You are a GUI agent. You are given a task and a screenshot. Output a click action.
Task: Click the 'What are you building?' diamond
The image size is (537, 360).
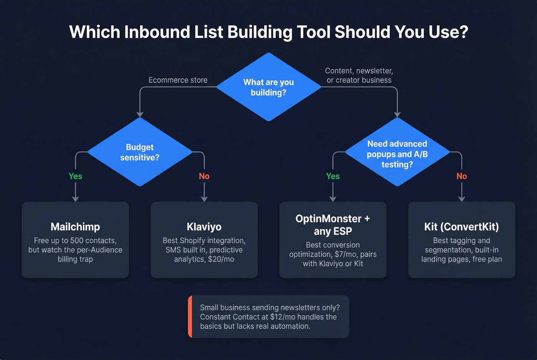pyautogui.click(x=268, y=87)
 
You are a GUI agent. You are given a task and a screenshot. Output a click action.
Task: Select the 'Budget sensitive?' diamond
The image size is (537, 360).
pyautogui.click(x=140, y=152)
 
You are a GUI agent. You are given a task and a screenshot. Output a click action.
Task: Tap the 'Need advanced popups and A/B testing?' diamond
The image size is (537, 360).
pyautogui.click(x=397, y=154)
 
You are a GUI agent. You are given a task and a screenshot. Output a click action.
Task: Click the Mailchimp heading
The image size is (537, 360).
pyautogui.click(x=75, y=227)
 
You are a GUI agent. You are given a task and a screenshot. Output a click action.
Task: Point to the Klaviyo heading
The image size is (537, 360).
pyautogui.click(x=204, y=227)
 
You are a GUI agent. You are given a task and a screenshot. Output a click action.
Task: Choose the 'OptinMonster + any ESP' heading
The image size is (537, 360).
pyautogui.click(x=333, y=225)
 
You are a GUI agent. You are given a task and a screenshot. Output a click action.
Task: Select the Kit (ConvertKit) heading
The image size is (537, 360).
pyautogui.click(x=461, y=227)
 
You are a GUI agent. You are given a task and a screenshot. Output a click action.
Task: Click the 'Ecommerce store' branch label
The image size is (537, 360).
pyautogui.click(x=178, y=80)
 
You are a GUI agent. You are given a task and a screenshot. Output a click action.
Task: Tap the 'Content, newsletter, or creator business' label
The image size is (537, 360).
pyautogui.click(x=359, y=76)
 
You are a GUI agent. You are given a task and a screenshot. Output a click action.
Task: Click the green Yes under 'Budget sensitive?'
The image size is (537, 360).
pyautogui.click(x=75, y=176)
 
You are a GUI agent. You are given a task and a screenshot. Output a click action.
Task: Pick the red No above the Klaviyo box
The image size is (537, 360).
pyautogui.click(x=204, y=176)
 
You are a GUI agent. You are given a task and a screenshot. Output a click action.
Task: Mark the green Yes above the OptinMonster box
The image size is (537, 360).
pyautogui.click(x=333, y=176)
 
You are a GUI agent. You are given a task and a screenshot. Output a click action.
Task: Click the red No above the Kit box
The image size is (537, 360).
pyautogui.click(x=461, y=176)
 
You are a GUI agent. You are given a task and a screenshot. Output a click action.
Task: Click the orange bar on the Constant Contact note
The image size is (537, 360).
pyautogui.click(x=190, y=317)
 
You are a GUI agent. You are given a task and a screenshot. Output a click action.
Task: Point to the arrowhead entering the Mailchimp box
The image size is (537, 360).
pyautogui.click(x=75, y=199)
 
